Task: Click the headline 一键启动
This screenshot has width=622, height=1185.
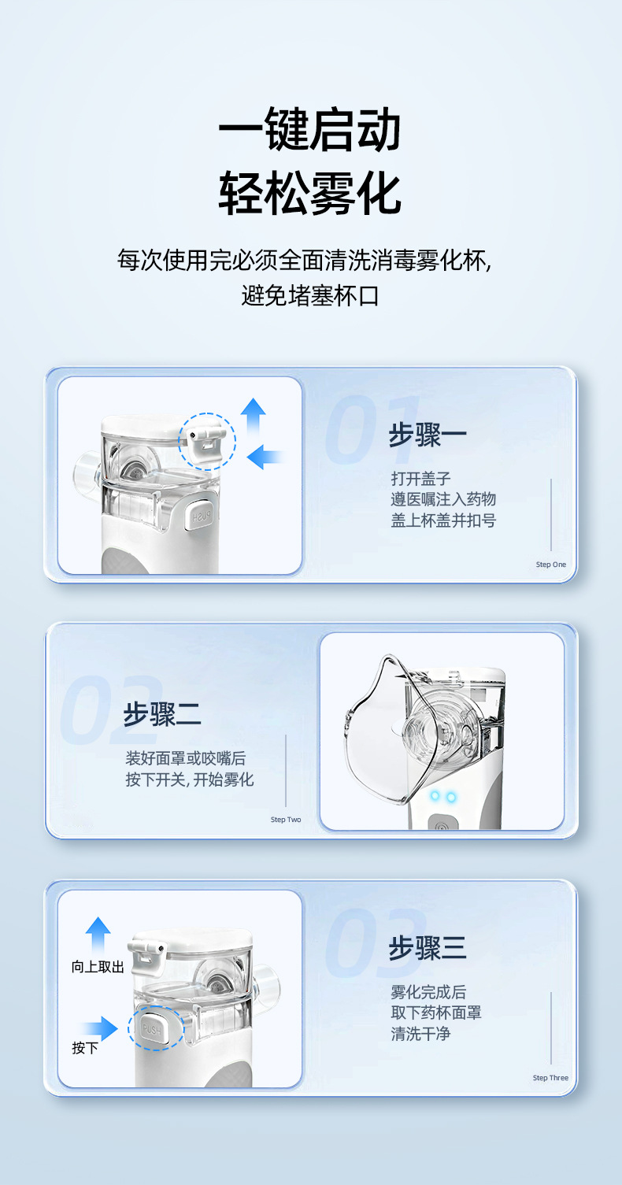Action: click(309, 130)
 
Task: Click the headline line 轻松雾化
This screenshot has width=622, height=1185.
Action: click(309, 193)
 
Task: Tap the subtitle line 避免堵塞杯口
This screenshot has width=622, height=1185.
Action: click(310, 296)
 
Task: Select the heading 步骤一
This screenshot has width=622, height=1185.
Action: click(428, 435)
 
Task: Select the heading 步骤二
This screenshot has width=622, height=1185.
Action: click(162, 714)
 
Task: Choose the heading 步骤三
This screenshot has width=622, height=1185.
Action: click(428, 948)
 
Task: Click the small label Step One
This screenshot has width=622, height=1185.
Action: click(550, 565)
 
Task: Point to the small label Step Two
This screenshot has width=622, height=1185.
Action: click(286, 820)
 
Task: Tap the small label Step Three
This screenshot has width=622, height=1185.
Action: click(550, 1078)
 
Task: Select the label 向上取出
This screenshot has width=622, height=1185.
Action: click(98, 967)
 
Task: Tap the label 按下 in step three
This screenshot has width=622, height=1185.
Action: click(85, 1048)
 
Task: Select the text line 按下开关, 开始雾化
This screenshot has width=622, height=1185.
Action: click(190, 780)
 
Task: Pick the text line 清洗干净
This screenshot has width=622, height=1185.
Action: click(420, 1034)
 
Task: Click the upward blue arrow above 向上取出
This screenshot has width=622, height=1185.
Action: click(98, 933)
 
